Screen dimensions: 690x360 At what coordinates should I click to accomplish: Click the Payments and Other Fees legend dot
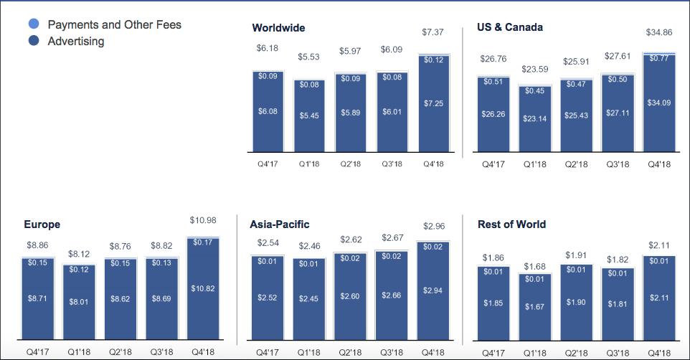coord(34,24)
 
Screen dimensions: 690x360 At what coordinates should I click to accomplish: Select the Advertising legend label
coord(76,42)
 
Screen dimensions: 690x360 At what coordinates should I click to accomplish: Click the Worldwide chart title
coord(278,28)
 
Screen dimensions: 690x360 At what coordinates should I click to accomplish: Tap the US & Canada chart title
coord(510,27)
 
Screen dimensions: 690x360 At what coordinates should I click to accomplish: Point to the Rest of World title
coord(512,224)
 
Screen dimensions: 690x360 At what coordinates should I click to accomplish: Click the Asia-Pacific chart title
coord(280,224)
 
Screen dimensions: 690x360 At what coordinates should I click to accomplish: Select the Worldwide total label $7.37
coord(433,32)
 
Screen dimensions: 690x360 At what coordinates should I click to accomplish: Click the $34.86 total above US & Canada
coord(658,32)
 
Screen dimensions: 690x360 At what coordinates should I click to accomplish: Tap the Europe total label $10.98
coord(203,220)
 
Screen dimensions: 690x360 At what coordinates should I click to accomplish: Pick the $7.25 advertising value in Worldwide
coord(433,103)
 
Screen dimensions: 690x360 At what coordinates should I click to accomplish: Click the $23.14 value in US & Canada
coord(534,118)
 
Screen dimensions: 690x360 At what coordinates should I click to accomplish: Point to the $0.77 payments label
coord(658,58)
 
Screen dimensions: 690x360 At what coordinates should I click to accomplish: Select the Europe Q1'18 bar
coord(79,302)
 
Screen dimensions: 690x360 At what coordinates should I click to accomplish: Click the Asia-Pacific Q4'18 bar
coord(433,290)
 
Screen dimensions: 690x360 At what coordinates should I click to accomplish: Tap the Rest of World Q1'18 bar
coord(534,307)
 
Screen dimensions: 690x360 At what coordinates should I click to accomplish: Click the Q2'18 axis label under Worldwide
coord(350,164)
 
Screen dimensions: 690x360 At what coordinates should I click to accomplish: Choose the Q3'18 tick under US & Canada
coord(618,165)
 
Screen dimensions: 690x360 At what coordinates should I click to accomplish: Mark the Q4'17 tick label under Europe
coord(37,352)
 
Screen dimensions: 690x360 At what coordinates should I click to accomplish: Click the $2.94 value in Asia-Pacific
coord(433,290)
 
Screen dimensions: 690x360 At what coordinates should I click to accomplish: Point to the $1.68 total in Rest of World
coord(534,267)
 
